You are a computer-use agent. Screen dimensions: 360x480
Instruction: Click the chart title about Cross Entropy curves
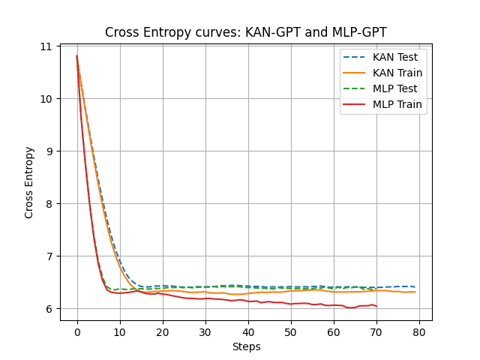(x=245, y=32)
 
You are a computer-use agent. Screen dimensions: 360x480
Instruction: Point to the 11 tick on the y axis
(x=46, y=46)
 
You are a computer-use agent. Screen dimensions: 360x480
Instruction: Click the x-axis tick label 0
(x=77, y=332)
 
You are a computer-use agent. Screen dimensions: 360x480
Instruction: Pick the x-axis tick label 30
(x=205, y=332)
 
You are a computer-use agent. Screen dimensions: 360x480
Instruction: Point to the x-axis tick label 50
(x=291, y=332)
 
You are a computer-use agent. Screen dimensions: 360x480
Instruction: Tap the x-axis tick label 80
(x=419, y=332)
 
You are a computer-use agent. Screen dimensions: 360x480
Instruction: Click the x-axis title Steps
(x=245, y=346)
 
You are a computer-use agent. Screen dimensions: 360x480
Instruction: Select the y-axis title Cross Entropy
(x=30, y=182)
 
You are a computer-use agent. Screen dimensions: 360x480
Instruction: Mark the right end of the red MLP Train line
(x=376, y=306)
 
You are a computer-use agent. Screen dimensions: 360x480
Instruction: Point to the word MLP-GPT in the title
(x=358, y=32)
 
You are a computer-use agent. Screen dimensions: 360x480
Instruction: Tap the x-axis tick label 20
(x=163, y=332)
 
